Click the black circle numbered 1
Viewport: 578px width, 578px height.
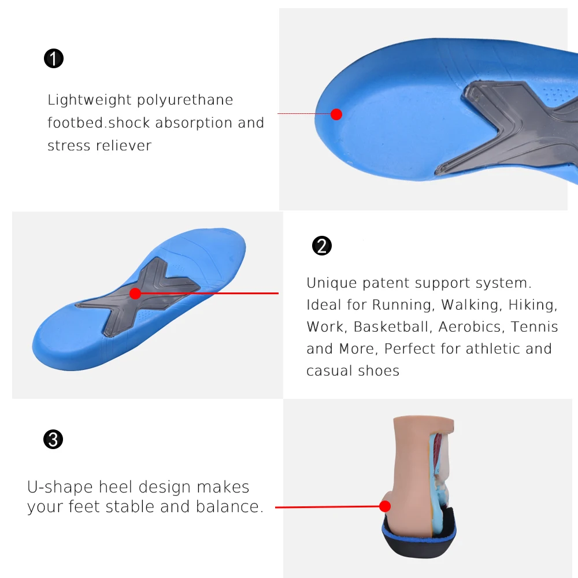click(x=54, y=58)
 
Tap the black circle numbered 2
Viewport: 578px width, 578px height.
click(x=322, y=246)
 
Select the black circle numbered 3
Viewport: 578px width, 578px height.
click(x=53, y=440)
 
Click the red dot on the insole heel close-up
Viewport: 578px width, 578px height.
click(x=336, y=114)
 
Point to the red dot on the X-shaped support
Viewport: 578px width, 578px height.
click(x=135, y=294)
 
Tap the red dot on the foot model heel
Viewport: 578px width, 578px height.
click(x=385, y=507)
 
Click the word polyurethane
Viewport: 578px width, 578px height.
click(x=185, y=101)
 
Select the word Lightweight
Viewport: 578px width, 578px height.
click(x=90, y=101)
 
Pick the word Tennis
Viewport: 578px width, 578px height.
click(x=535, y=327)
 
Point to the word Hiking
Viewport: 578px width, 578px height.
click(x=533, y=305)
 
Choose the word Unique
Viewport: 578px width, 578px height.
click(x=331, y=283)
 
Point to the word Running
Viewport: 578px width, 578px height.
click(x=403, y=305)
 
